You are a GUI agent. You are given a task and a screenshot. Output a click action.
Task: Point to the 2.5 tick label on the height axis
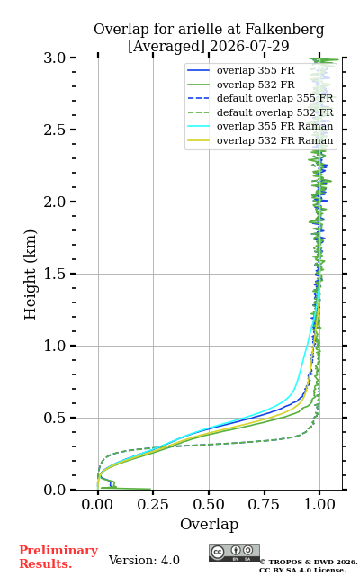[x=55, y=130]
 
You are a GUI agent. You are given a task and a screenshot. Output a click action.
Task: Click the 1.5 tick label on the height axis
[x=55, y=274]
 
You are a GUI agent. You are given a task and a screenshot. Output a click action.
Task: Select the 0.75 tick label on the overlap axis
[x=264, y=504]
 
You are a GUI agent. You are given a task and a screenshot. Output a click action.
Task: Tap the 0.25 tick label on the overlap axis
[x=153, y=504]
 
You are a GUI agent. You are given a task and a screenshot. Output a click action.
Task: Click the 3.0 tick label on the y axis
[x=55, y=58]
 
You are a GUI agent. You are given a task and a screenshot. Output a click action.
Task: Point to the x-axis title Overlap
[x=209, y=524]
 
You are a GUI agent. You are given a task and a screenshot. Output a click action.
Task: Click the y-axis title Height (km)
[x=30, y=274]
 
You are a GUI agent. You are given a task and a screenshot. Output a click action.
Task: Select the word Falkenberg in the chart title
[x=284, y=30]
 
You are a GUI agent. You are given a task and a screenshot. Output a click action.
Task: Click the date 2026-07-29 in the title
[x=249, y=46]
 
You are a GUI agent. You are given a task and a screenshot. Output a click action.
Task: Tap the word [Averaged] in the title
[x=166, y=47]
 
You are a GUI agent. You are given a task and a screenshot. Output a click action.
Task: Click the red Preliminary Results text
[x=58, y=556]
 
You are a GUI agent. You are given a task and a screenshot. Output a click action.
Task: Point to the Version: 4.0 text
[x=144, y=560]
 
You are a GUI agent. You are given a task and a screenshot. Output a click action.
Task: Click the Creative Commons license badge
[x=234, y=553]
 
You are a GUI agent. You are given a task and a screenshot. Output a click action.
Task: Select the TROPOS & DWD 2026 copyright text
[x=308, y=562]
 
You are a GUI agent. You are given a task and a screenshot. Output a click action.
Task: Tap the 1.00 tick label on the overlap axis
[x=319, y=504]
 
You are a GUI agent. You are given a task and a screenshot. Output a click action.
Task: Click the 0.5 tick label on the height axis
[x=55, y=418]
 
